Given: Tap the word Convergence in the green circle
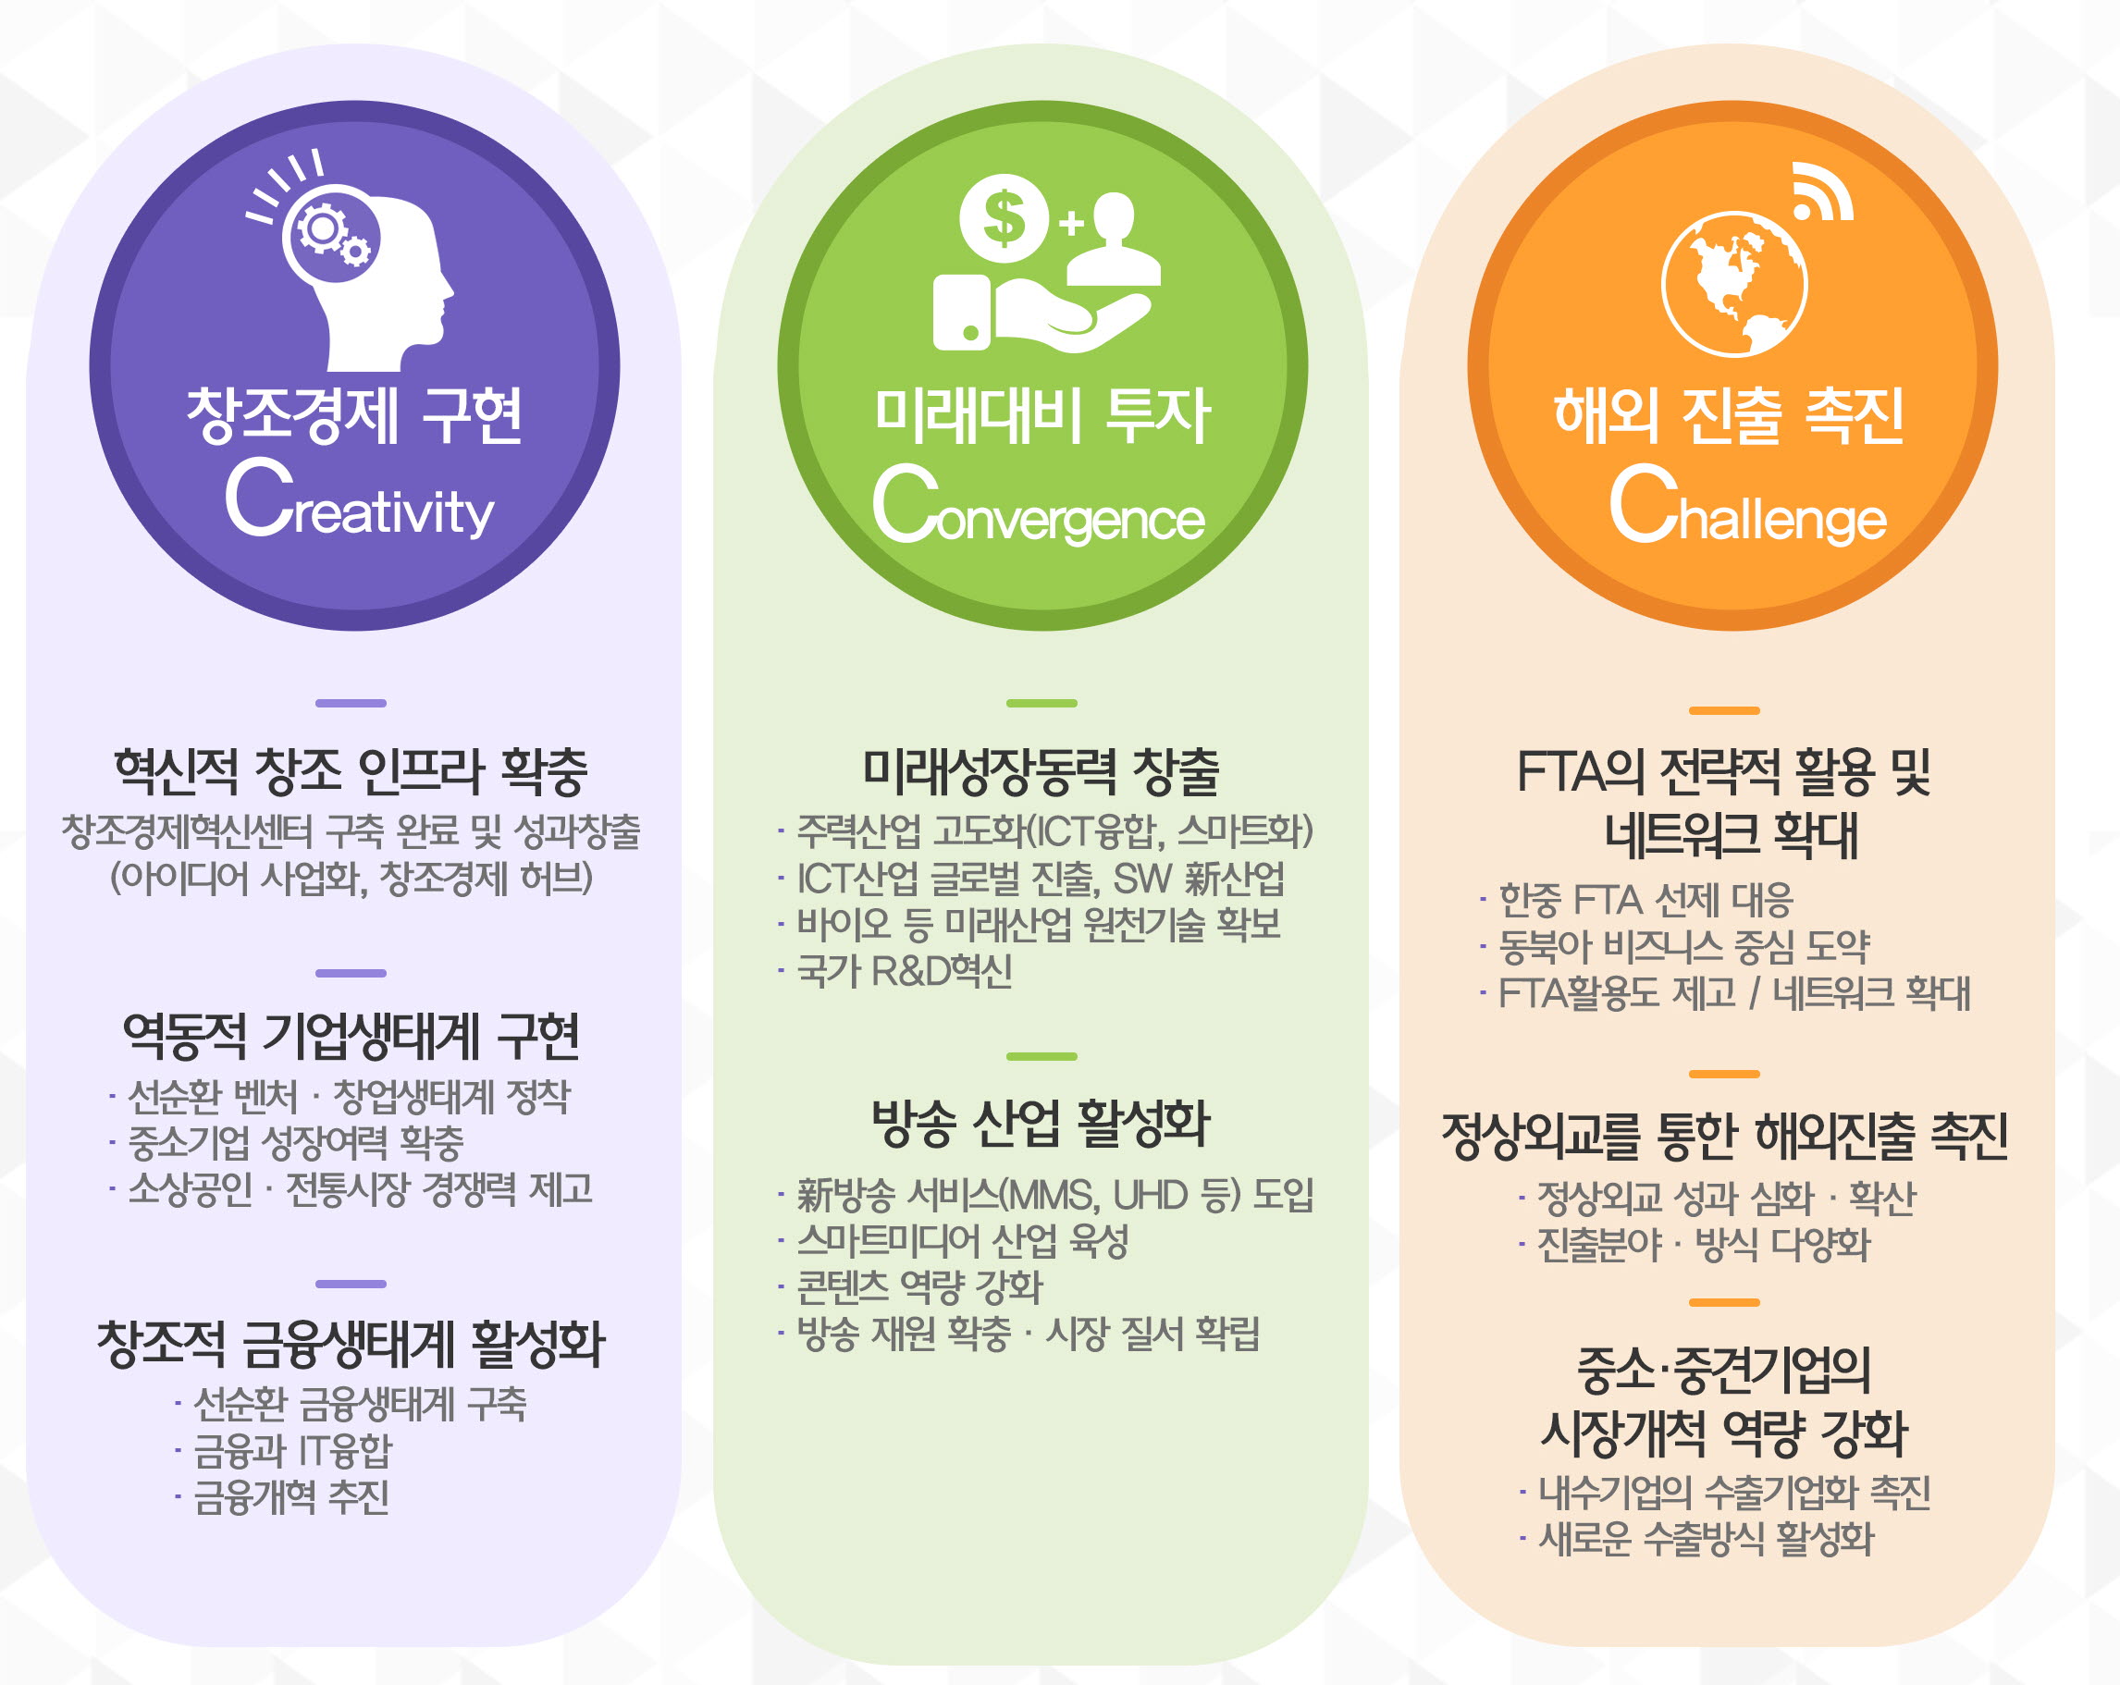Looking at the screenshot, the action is click(1039, 505).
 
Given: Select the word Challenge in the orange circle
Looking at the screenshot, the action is click(1747, 505).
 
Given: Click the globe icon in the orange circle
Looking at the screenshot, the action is click(1734, 283).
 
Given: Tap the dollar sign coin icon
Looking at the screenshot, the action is click(1004, 218).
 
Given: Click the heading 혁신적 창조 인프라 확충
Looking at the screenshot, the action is click(351, 771).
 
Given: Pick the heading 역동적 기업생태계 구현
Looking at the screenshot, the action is click(351, 1036).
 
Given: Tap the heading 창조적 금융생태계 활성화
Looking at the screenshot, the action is click(351, 1344).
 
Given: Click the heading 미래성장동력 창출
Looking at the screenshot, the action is click(1042, 771).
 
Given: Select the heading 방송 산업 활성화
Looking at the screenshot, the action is click(1042, 1124).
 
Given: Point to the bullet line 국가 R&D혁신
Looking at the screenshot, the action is click(895, 971).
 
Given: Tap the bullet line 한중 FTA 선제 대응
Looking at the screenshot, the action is click(1637, 900).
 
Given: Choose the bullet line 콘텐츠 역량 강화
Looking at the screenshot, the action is click(910, 1285).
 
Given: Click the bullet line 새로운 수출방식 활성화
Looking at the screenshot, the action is click(1697, 1540).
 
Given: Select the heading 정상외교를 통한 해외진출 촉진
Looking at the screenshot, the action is click(1725, 1137).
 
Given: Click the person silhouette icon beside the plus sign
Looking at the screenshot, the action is click(1114, 239).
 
